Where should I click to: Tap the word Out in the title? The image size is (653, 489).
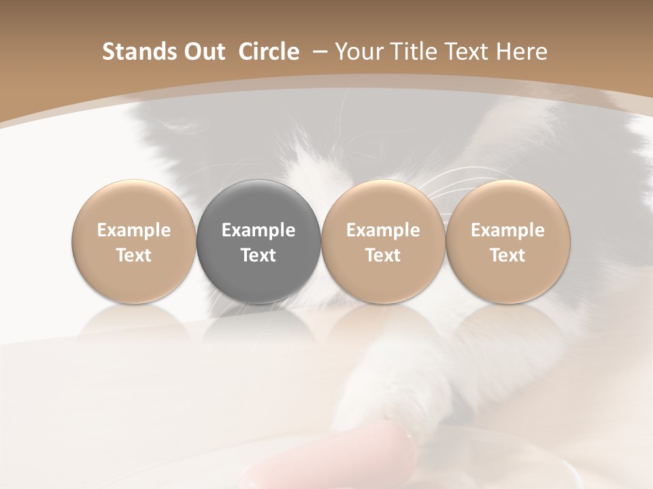pyautogui.click(x=203, y=52)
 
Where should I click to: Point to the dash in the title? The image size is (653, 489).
pyautogui.click(x=318, y=52)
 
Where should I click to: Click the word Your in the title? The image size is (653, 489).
pyautogui.click(x=358, y=52)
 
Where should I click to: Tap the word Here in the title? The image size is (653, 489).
pyautogui.click(x=522, y=52)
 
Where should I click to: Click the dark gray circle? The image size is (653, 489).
pyautogui.click(x=258, y=240)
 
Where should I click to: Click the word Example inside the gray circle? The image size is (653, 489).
pyautogui.click(x=258, y=230)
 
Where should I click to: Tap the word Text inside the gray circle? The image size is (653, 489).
pyautogui.click(x=258, y=255)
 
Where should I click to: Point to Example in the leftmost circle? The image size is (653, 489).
pyautogui.click(x=134, y=230)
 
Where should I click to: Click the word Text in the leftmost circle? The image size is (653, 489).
pyautogui.click(x=134, y=255)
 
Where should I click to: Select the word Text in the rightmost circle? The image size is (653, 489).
pyautogui.click(x=507, y=255)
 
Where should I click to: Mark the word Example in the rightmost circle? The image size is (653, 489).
pyautogui.click(x=507, y=230)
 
